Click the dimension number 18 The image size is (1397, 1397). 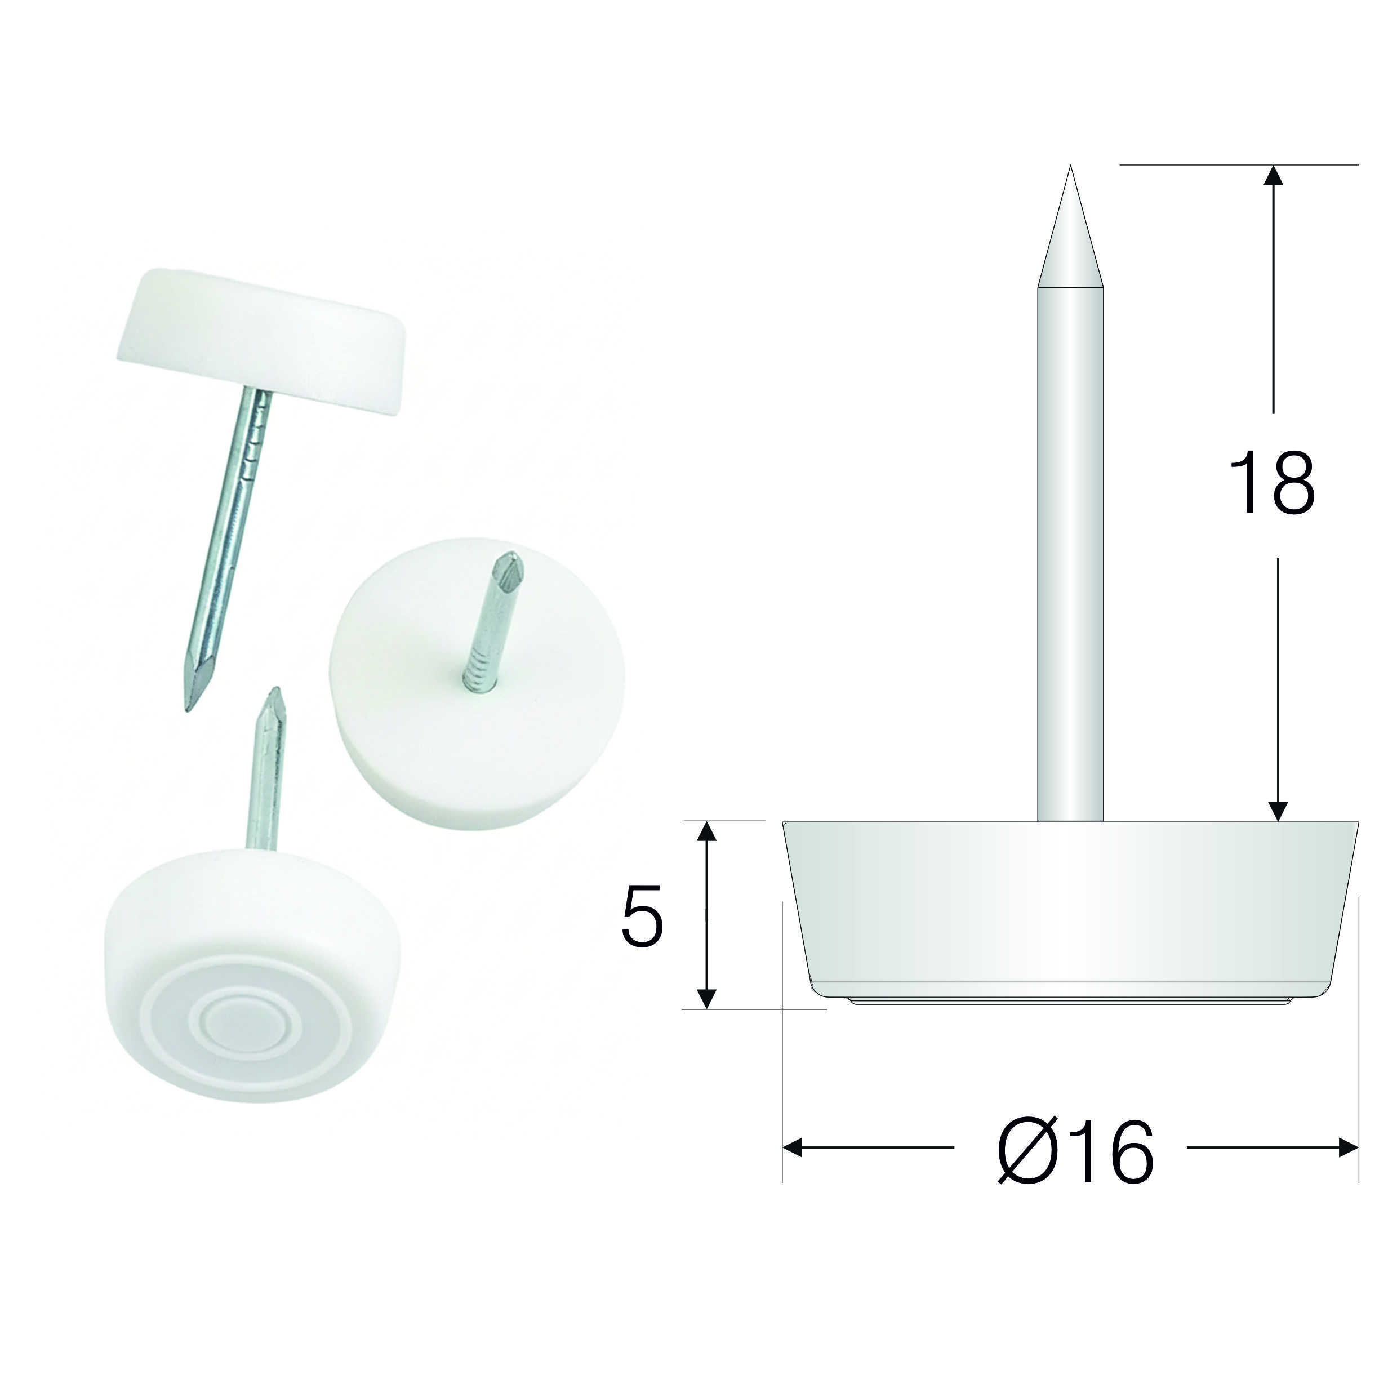[x=1272, y=482]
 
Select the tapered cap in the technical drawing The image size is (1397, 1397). [x=1070, y=911]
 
